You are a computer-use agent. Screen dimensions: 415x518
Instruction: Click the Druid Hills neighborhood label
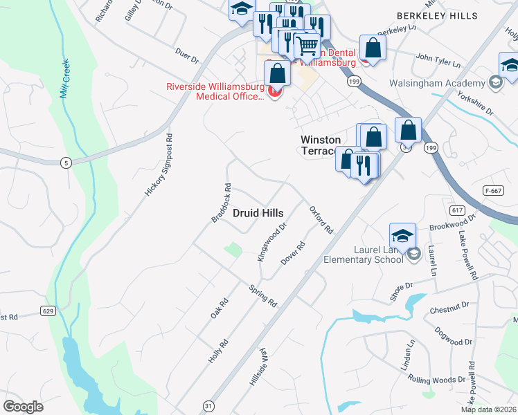[x=257, y=214]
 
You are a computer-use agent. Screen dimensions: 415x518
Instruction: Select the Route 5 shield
[x=65, y=163]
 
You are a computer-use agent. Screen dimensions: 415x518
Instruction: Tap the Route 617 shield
[x=438, y=210]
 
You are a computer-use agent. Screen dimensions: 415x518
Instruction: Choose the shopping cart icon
[x=307, y=46]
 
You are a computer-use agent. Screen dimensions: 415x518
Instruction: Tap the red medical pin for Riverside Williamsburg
[x=275, y=91]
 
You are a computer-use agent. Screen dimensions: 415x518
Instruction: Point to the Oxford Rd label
[x=321, y=219]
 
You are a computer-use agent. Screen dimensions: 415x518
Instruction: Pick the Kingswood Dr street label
[x=272, y=242]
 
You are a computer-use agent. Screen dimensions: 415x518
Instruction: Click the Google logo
[x=24, y=406]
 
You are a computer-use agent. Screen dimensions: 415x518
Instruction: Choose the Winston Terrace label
[x=321, y=145]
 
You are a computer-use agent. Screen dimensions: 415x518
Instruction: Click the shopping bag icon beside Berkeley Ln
[x=373, y=48]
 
